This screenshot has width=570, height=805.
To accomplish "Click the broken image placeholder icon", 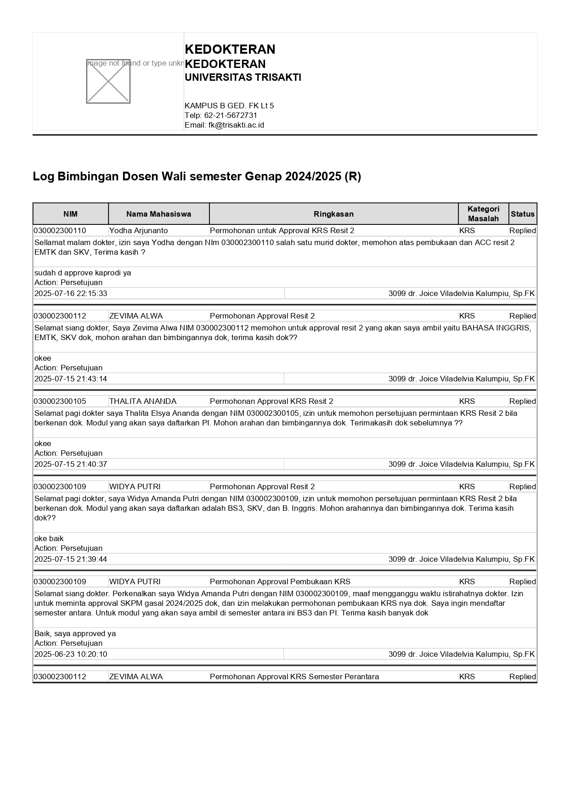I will click(108, 81).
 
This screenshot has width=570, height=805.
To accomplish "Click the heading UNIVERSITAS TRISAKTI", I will click(243, 78).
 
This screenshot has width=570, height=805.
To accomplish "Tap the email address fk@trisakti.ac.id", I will click(236, 125).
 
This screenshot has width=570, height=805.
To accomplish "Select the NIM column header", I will click(70, 214).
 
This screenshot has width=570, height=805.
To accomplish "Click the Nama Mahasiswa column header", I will click(158, 214).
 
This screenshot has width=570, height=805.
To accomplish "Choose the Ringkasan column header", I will click(333, 214).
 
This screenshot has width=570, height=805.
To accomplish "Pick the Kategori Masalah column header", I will click(483, 214).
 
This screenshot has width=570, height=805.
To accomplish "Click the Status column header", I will click(522, 214).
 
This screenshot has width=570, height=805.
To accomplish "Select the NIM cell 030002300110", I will click(60, 230).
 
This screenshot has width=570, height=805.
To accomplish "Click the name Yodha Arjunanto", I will click(138, 230).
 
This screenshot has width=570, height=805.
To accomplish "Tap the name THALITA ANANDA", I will click(142, 401).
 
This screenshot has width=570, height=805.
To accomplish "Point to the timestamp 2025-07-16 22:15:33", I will click(71, 293).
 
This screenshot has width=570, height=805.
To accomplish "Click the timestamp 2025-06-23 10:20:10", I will click(71, 654).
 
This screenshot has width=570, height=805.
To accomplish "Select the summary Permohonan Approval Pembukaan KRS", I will click(280, 581).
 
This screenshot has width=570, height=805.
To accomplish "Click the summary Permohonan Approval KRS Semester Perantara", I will click(294, 676).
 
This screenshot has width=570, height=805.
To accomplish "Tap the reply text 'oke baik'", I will click(49, 538).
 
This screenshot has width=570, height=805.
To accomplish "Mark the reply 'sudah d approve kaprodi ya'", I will click(83, 273).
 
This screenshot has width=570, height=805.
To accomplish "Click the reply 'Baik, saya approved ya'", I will click(75, 633).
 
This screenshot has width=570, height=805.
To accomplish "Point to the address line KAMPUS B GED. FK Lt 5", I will click(229, 106).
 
